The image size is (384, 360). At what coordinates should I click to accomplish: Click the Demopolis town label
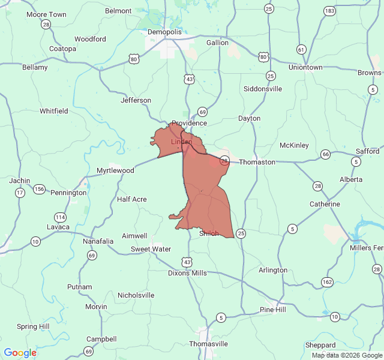coord(164,31)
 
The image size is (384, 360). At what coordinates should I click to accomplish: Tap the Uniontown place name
coord(305,67)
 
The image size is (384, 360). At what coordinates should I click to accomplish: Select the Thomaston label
coord(257,162)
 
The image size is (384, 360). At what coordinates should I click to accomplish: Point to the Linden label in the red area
coord(181,142)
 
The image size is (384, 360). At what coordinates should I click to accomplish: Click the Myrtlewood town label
coord(115,170)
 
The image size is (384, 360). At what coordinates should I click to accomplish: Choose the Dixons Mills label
coord(187,273)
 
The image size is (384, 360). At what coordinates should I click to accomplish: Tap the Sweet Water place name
coord(151,249)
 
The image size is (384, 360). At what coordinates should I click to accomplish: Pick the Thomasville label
coord(208,344)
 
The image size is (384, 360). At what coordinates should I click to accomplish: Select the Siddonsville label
coord(263,89)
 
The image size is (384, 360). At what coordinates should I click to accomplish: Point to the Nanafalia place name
coord(98,241)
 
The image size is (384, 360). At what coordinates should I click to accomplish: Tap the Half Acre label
coord(132,199)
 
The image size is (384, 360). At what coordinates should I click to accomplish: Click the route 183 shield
coord(329,11)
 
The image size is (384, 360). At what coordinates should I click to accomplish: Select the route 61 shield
coord(301,49)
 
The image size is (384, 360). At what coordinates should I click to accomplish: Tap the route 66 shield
coord(325,154)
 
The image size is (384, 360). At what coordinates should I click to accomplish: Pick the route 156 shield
coord(39,189)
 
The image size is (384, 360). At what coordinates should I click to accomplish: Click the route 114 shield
coord(59,217)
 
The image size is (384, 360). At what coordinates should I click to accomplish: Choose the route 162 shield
coord(327,281)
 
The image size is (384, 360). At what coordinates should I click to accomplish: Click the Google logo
coord(20,353)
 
